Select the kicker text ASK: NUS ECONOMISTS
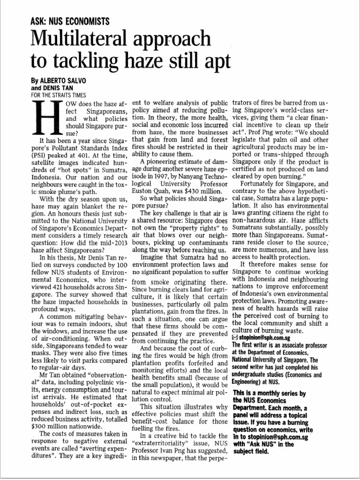(x=70, y=21)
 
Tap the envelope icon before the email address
(x=235, y=337)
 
